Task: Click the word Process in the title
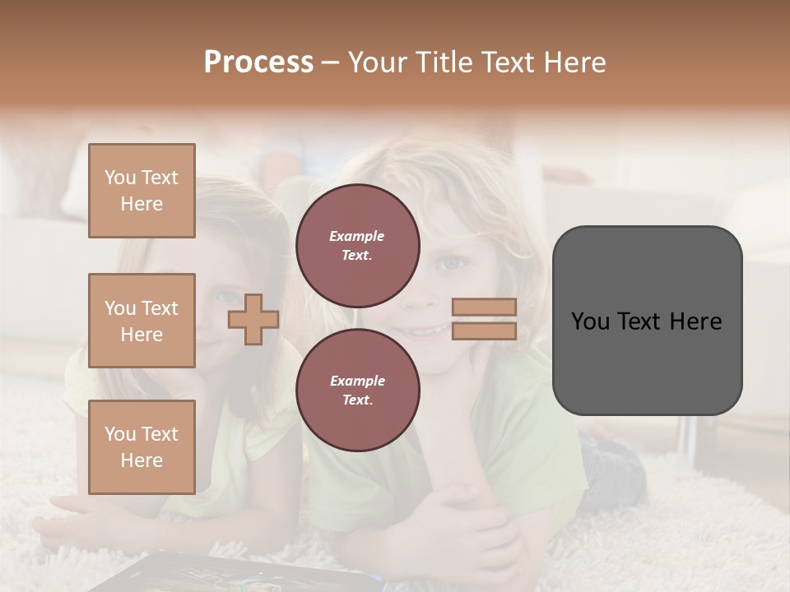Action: (258, 62)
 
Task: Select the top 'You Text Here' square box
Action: (142, 191)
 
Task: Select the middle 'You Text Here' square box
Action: (142, 321)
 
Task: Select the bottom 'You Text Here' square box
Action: (142, 447)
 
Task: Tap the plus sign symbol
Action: (253, 320)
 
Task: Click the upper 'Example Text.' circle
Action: (357, 246)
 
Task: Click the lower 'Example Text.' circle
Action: (357, 391)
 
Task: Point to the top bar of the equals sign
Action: (485, 308)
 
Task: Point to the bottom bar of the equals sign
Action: (485, 331)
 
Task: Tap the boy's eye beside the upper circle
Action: (449, 264)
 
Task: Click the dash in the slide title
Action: (331, 62)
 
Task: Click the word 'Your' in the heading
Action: (377, 62)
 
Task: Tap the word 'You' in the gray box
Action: (589, 321)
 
